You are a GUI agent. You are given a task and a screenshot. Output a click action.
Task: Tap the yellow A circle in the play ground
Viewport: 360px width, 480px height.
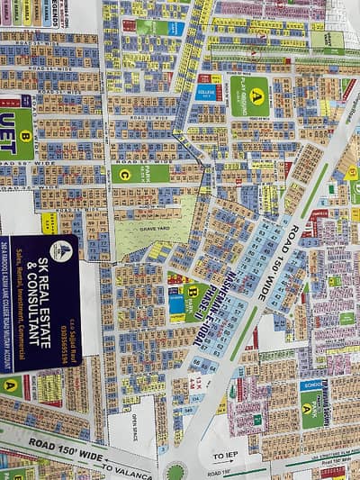(258, 93)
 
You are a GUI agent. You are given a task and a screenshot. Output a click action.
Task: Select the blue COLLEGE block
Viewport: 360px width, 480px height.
(206, 92)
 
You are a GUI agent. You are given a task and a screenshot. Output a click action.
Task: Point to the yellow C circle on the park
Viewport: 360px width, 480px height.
(123, 174)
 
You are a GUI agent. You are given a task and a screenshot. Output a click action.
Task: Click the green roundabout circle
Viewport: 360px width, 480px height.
(175, 471)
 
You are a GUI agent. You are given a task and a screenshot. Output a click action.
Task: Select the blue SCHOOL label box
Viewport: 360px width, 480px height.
(312, 385)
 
